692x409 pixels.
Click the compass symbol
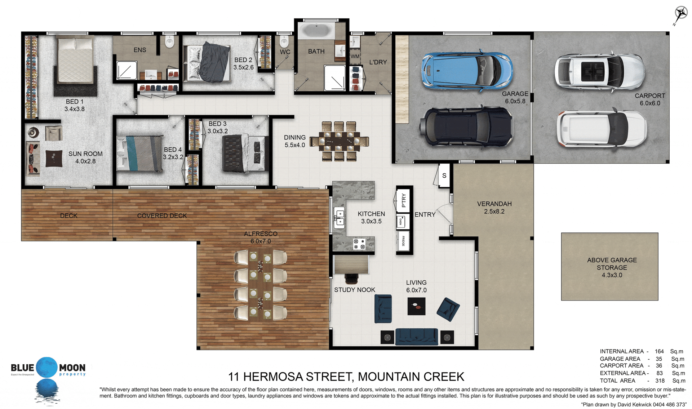(680, 15)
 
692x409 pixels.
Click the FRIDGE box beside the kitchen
(403, 240)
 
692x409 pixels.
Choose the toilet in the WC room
(284, 41)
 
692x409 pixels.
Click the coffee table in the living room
(416, 306)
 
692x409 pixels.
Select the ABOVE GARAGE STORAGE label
(612, 267)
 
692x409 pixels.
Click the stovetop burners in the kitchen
(359, 244)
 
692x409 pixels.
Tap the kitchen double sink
(340, 218)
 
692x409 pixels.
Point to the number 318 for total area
(660, 381)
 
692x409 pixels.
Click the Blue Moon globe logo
(47, 368)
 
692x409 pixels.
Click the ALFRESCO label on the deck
(261, 234)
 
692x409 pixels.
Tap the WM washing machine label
(355, 56)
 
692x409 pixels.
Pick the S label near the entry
(444, 175)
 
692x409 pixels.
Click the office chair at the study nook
(352, 279)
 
